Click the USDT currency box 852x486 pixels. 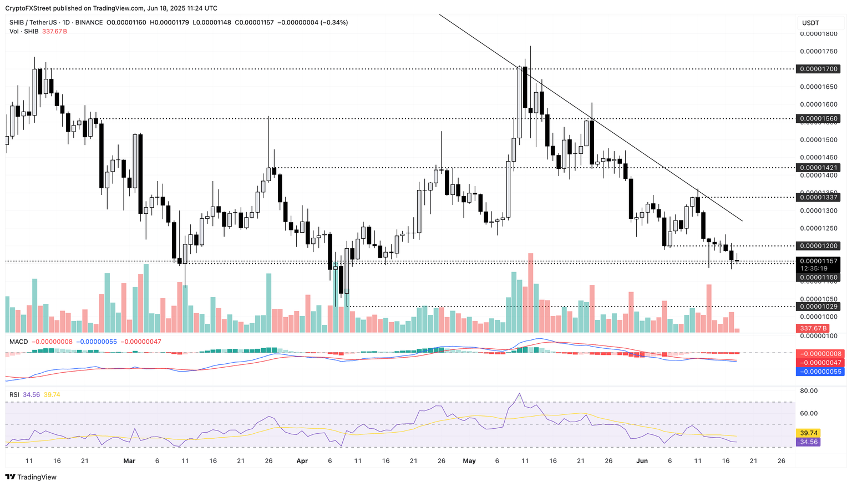click(810, 23)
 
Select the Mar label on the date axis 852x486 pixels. click(129, 461)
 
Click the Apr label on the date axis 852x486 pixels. click(302, 461)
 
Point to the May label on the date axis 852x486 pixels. click(469, 461)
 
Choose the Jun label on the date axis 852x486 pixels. click(642, 461)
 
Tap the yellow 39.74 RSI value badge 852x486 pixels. click(807, 433)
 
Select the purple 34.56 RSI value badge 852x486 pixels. click(807, 442)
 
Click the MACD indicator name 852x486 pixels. click(18, 342)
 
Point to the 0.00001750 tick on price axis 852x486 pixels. click(818, 52)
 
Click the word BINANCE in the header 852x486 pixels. click(89, 23)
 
